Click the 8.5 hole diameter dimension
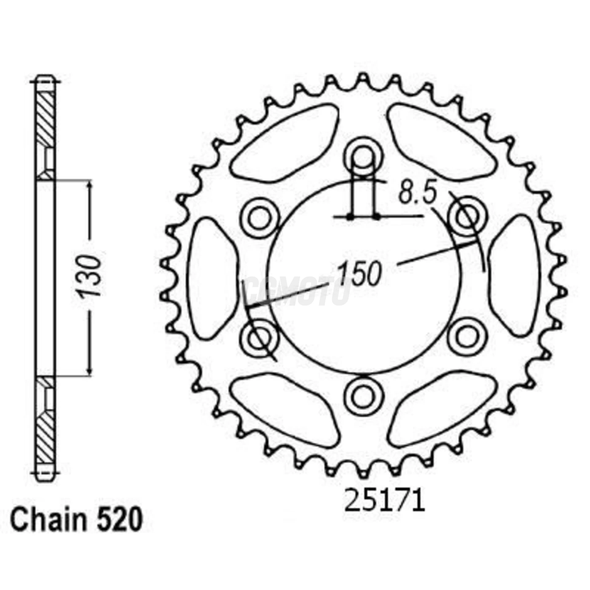[417, 194]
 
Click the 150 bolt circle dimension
[359, 274]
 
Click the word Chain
[48, 520]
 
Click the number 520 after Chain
[120, 520]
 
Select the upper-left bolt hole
[260, 218]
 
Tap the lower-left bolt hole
[260, 337]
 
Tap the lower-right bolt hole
[467, 337]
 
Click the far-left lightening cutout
[211, 278]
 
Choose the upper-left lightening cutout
[287, 143]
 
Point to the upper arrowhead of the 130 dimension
[89, 186]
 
